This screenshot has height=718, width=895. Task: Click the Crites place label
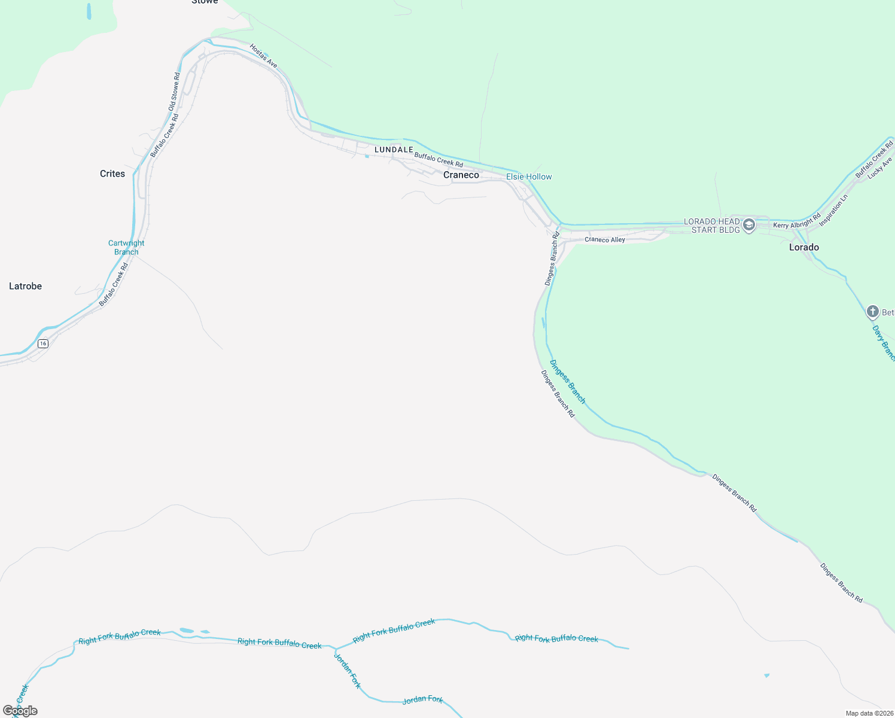[112, 174]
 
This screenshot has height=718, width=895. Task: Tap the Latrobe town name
[25, 286]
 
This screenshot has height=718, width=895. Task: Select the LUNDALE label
[394, 150]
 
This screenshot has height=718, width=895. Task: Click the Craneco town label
[461, 175]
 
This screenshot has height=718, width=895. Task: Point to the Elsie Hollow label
[529, 177]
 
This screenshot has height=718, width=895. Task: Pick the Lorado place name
[803, 247]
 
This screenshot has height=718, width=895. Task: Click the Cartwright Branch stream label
[126, 247]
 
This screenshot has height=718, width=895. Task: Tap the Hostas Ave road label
[264, 56]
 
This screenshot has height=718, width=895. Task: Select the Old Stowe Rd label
[174, 92]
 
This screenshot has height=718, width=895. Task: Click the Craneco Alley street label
[605, 240]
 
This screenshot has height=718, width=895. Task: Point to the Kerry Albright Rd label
[797, 222]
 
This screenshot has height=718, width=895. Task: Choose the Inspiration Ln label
[834, 210]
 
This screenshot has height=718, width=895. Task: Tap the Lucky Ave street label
[879, 168]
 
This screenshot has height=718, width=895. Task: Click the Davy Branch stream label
[883, 343]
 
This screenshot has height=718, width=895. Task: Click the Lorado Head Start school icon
[748, 226]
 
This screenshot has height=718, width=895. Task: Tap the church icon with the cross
[873, 312]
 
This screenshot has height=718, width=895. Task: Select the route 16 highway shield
[42, 343]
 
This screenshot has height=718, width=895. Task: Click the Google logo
[20, 711]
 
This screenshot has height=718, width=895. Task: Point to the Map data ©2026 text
[869, 713]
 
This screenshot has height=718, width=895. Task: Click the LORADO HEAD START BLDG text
[712, 226]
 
